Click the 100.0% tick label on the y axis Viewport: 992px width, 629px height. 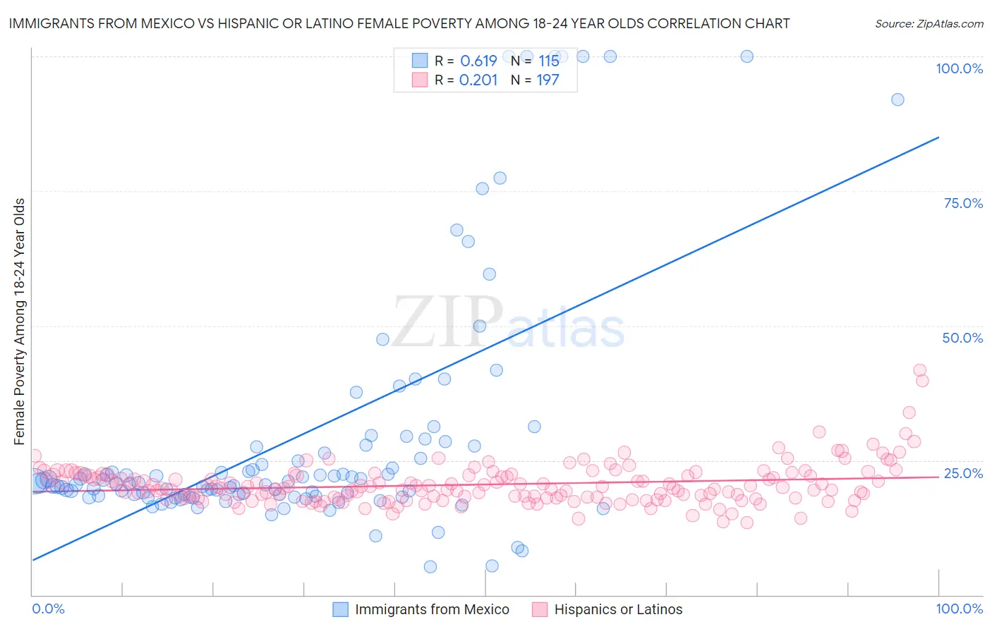959,68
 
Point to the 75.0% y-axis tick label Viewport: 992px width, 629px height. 963,203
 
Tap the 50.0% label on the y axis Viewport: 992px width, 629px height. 962,338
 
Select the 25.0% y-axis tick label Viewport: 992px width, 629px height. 963,473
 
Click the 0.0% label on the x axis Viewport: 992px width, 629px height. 48,609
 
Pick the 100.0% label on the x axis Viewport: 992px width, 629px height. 959,609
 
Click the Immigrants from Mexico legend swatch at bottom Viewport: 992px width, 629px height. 341,609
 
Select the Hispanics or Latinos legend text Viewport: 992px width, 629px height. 618,609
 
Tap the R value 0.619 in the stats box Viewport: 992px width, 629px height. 478,61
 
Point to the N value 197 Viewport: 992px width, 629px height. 548,80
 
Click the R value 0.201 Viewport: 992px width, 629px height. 478,80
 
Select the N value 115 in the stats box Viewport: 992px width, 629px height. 548,61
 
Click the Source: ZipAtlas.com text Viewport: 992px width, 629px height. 929,24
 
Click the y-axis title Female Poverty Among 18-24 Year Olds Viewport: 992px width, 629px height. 20,322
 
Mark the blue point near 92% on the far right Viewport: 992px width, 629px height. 897,99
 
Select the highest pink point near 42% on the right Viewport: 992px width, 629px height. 919,370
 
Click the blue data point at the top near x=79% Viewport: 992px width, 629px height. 746,56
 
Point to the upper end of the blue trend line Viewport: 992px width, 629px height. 938,138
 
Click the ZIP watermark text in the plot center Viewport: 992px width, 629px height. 447,322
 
